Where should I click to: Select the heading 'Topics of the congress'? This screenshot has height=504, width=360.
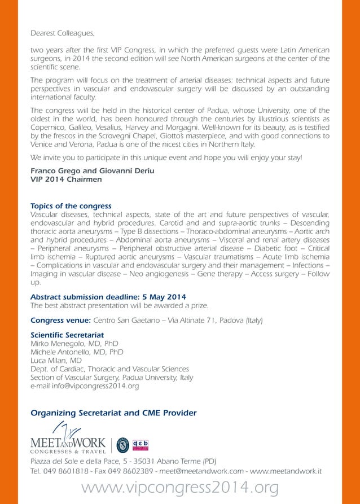click(71, 206)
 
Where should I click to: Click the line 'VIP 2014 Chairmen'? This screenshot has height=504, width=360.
click(66, 179)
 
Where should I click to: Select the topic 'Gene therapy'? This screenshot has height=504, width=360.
click(221, 273)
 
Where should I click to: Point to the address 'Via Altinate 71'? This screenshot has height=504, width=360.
click(188, 321)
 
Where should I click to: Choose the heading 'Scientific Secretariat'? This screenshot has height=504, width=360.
click(67, 335)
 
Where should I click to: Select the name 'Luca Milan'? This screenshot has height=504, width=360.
click(49, 360)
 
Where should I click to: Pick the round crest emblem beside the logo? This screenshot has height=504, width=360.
click(122, 445)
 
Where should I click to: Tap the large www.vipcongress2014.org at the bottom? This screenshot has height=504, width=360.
click(181, 488)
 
